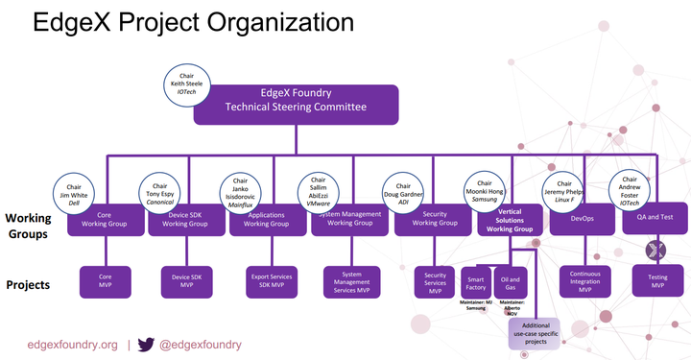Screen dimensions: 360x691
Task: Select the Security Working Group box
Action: click(x=434, y=223)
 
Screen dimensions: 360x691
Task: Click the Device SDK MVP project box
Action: click(x=186, y=280)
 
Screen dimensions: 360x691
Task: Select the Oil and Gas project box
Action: click(x=511, y=280)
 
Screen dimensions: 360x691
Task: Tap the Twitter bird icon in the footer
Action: click(x=146, y=344)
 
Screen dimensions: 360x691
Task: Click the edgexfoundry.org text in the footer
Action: click(x=73, y=344)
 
